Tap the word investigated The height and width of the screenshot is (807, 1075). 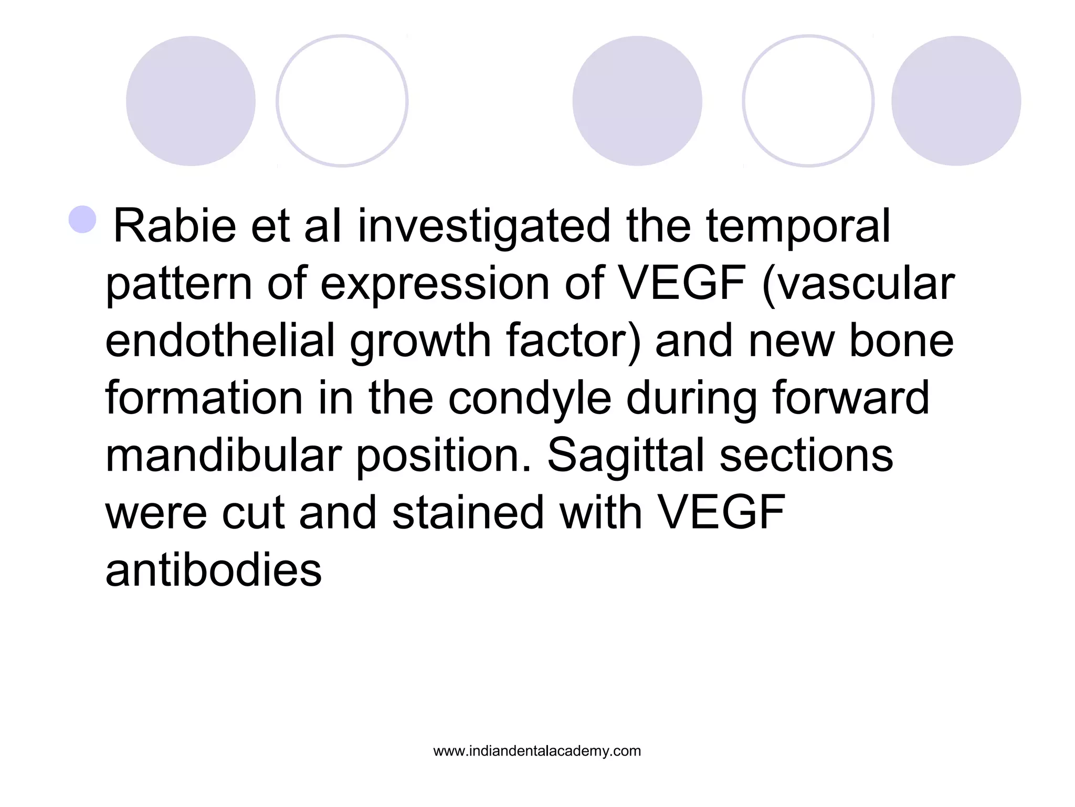484,227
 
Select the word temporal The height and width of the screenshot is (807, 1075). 798,227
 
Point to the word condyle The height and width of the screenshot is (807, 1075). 530,399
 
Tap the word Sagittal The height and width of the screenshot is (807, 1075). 625,456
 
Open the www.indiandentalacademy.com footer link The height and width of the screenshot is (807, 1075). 537,751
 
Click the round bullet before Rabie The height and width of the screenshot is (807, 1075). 82,219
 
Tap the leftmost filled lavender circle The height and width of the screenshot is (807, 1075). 191,101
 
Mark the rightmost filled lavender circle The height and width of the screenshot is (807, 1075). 956,101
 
